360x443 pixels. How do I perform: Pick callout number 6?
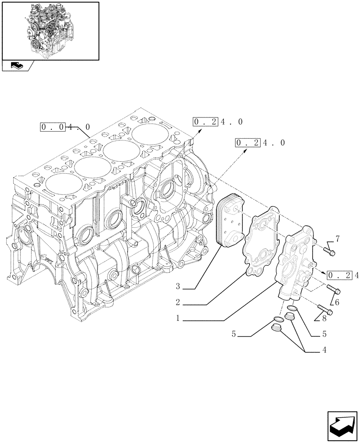[x=337, y=302]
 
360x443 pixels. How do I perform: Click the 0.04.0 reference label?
[x=65, y=127]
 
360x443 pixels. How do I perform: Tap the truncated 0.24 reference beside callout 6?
[x=343, y=276]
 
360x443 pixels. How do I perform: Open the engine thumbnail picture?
[x=50, y=30]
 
